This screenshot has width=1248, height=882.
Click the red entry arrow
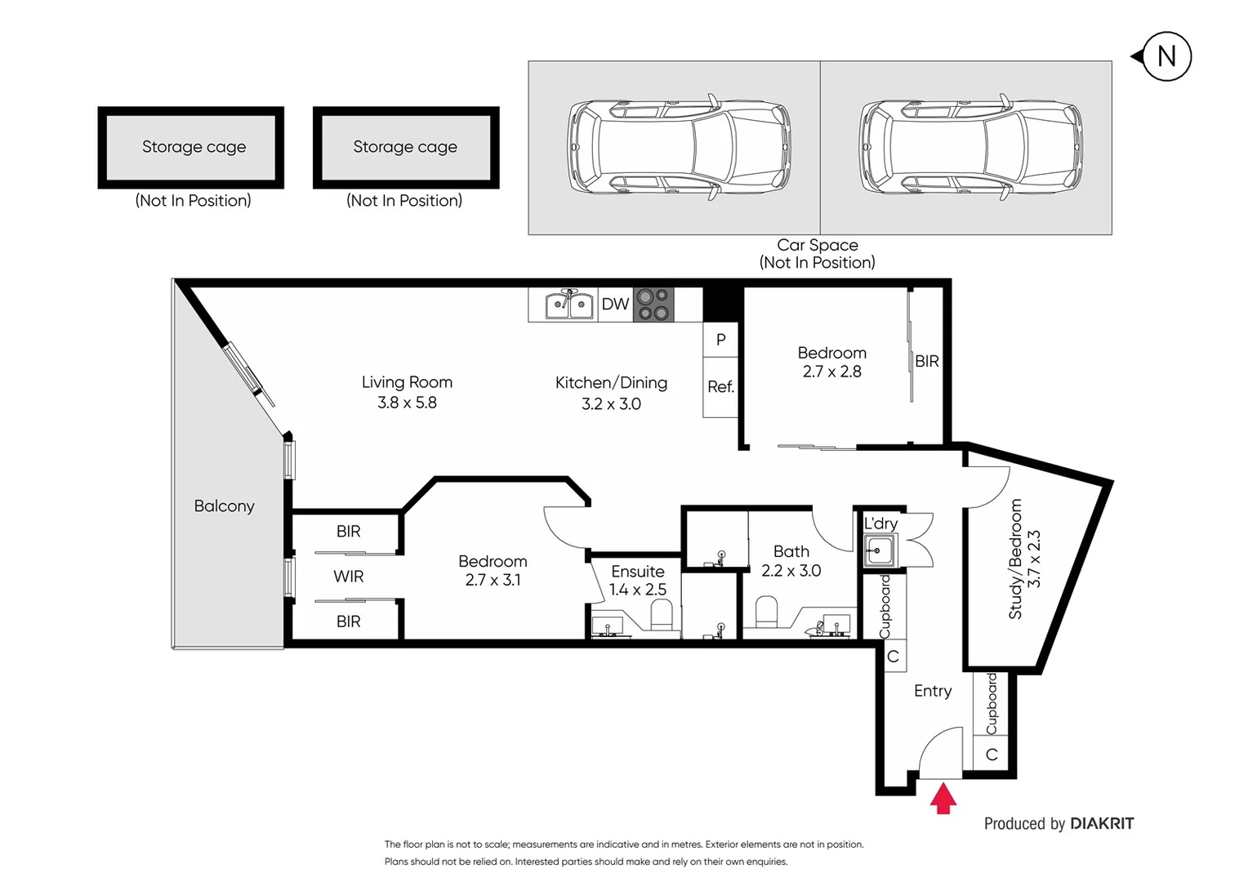tap(943, 799)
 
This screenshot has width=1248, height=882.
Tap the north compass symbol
tap(1166, 56)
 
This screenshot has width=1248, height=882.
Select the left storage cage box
tap(191, 147)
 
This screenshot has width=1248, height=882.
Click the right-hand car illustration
tap(970, 147)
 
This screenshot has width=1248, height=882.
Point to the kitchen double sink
tap(569, 305)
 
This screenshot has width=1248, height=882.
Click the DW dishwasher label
tap(615, 305)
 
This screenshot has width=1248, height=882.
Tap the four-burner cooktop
tap(653, 305)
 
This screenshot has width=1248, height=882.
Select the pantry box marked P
tap(720, 340)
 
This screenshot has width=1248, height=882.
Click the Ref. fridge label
tap(720, 387)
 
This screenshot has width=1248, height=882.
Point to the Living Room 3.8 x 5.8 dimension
tap(407, 403)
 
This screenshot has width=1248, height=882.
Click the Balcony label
tap(224, 506)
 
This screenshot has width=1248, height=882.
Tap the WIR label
tap(348, 577)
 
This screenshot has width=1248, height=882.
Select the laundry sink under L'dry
tap(879, 550)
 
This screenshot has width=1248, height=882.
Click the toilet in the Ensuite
tap(661, 615)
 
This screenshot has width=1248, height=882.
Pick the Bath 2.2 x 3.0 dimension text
tap(791, 571)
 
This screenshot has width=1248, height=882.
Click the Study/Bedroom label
tap(1015, 559)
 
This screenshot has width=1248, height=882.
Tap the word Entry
tap(932, 691)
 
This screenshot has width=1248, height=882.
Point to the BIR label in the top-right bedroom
tap(926, 361)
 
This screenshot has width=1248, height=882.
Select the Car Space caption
tap(817, 245)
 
